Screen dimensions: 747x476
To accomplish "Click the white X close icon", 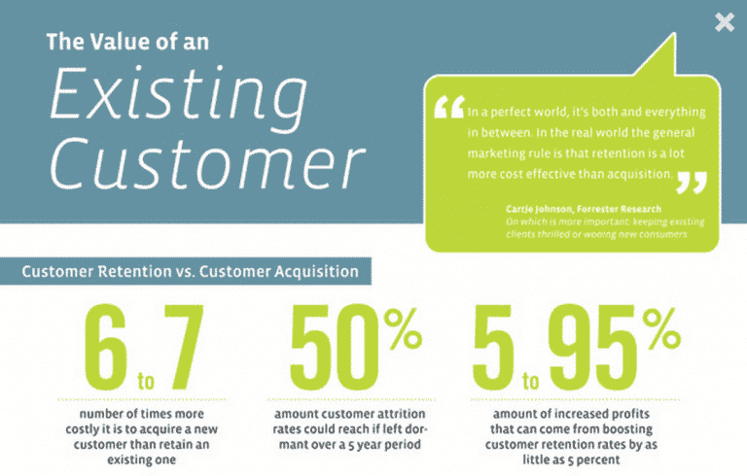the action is (725, 22).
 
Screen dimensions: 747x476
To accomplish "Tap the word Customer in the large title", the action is (208, 163).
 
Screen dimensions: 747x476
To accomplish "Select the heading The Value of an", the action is (127, 42).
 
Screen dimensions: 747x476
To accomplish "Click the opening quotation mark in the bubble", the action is (449, 107).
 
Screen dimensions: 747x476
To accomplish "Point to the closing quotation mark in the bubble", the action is (692, 183).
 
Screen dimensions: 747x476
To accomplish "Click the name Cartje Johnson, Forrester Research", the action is (584, 209).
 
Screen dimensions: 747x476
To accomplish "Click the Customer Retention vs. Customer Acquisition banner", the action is (186, 271).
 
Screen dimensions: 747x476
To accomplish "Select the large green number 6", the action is (106, 347).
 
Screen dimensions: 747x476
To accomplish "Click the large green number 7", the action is (184, 347).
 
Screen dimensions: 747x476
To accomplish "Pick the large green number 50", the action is (335, 347).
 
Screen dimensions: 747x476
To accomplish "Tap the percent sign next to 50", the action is (403, 329).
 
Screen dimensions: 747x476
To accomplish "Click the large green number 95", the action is (593, 347).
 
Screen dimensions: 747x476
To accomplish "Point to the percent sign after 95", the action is (661, 329).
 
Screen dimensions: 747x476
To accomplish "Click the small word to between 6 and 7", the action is (146, 381).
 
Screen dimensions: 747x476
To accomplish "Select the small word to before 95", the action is (531, 381).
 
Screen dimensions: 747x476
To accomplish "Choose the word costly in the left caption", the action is (82, 429).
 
